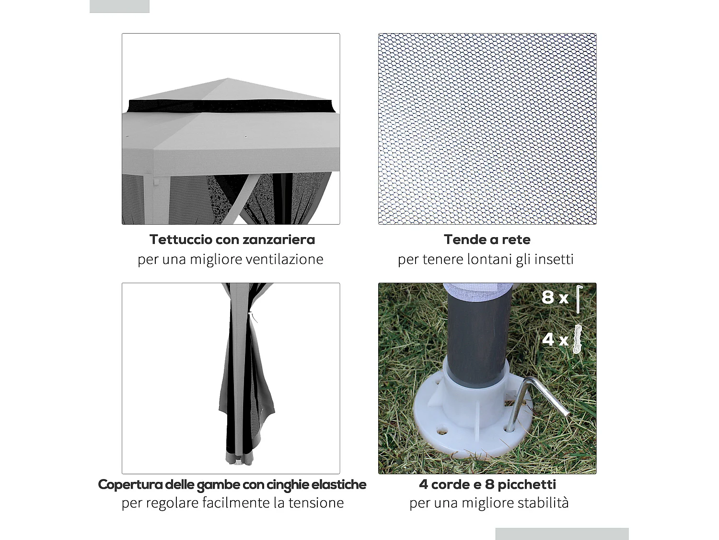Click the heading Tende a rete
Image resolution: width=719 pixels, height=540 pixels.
click(x=487, y=240)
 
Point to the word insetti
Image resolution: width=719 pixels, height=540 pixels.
click(x=554, y=259)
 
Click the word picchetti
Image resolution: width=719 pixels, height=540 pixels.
click(x=527, y=484)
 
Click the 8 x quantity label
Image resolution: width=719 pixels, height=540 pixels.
click(x=555, y=298)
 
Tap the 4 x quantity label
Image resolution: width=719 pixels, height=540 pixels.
click(x=555, y=339)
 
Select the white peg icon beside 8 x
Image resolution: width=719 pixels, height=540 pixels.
click(x=579, y=299)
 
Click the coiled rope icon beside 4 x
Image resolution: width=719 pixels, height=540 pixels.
click(x=578, y=339)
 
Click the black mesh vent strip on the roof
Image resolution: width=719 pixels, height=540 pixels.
click(x=230, y=106)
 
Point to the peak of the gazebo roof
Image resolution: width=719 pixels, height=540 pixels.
click(x=228, y=79)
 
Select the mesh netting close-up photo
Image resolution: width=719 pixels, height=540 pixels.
click(x=487, y=129)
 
